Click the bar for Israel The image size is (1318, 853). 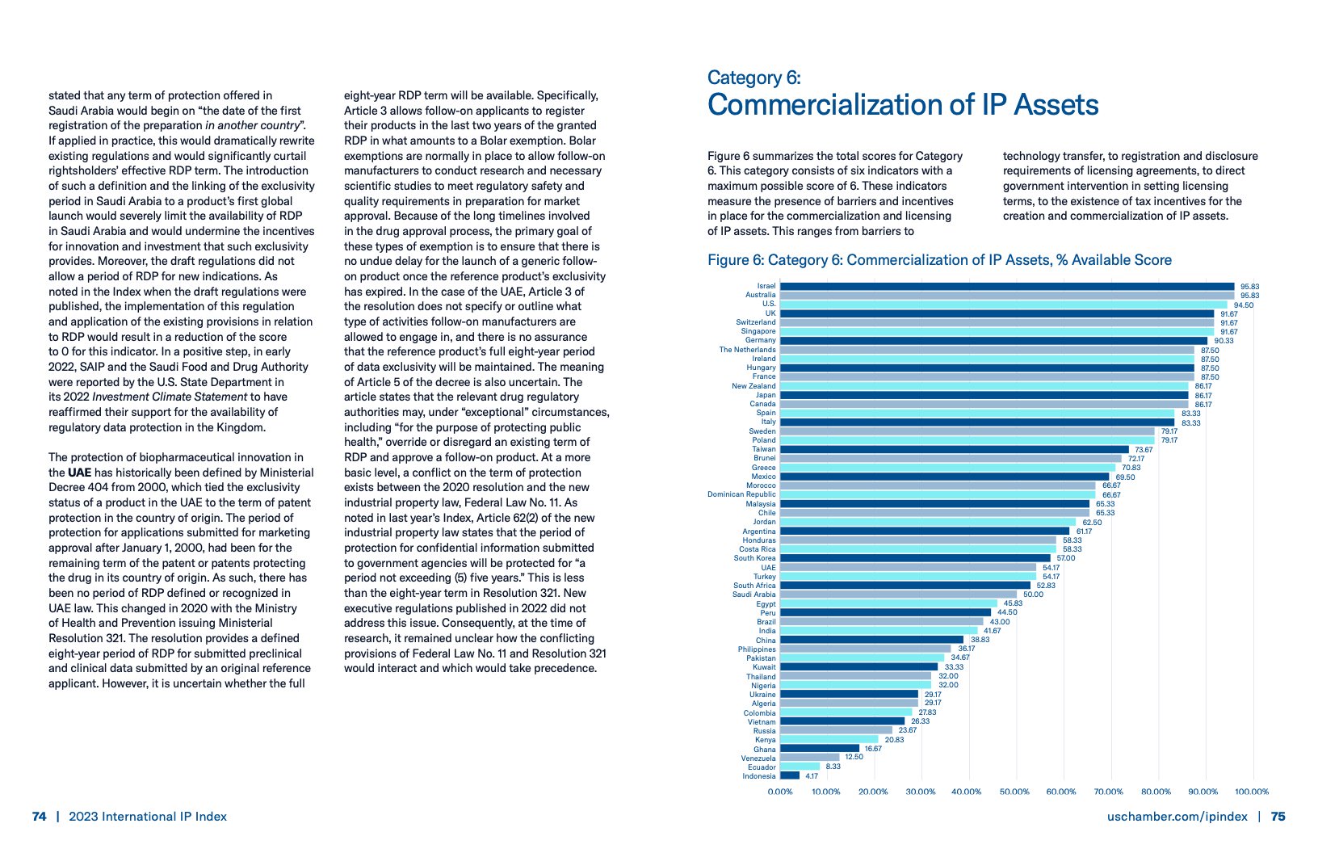[1006, 286]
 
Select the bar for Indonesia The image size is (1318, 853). [790, 776]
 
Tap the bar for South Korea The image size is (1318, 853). [915, 558]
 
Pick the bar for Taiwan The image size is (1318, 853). [954, 449]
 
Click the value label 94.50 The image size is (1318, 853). [1244, 305]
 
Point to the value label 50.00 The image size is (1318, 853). [1033, 595]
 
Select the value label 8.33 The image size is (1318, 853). [833, 767]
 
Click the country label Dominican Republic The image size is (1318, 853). [741, 494]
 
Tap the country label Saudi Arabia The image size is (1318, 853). [753, 595]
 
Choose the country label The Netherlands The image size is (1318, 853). [747, 350]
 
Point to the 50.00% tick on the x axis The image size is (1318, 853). [1014, 792]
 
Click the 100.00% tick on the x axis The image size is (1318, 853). [1252, 792]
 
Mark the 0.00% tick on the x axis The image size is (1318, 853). [779, 792]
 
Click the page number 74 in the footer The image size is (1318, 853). [39, 817]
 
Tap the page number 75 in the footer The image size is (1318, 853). [1278, 817]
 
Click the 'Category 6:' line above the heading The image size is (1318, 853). [753, 78]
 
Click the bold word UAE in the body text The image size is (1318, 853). [79, 473]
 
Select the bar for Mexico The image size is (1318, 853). [944, 477]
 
